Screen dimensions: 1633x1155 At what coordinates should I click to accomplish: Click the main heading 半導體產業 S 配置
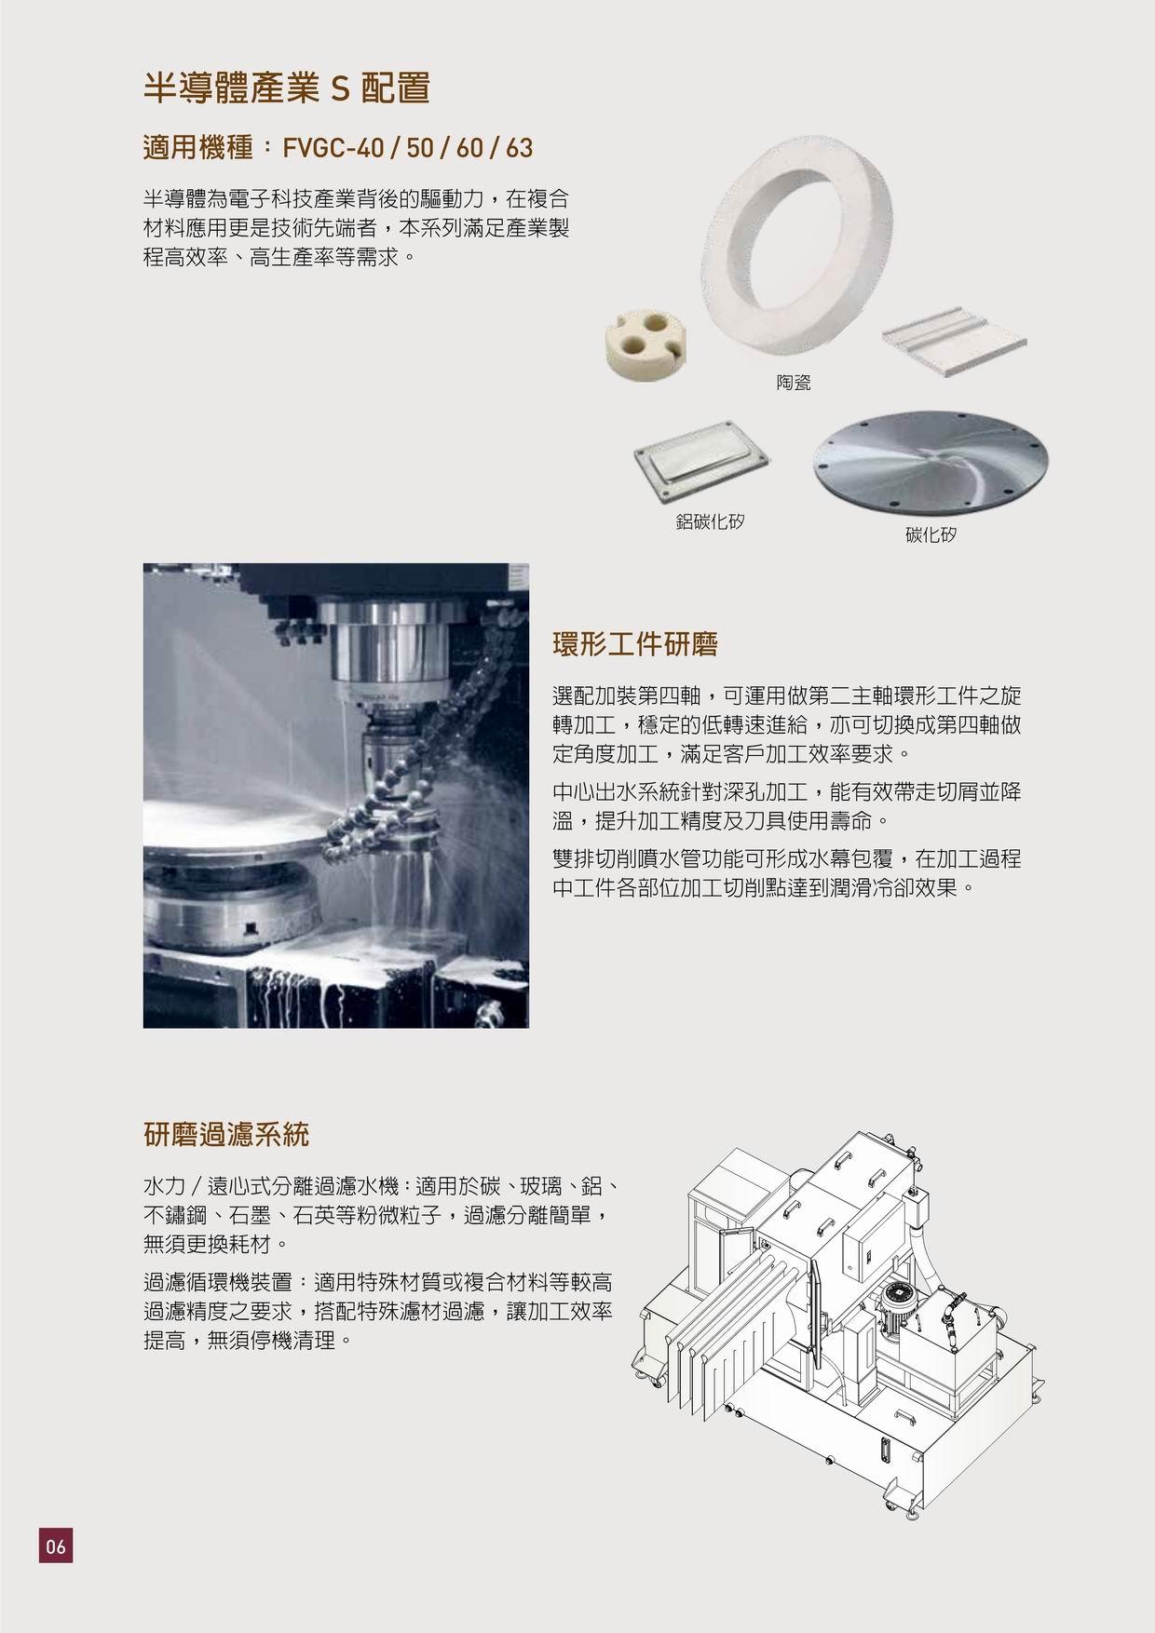[287, 88]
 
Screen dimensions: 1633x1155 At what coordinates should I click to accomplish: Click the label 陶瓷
[793, 382]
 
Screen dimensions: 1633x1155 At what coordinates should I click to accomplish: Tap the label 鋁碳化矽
[710, 521]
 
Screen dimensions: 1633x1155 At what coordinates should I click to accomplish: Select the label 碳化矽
[931, 535]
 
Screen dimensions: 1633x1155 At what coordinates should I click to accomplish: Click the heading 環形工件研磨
[634, 644]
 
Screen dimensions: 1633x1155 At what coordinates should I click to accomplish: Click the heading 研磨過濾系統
[226, 1135]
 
